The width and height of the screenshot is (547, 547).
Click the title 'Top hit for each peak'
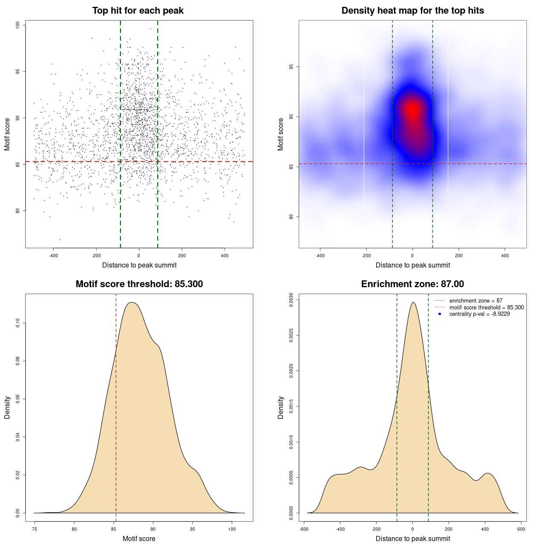(138, 11)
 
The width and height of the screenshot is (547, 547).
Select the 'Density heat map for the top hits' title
(412, 11)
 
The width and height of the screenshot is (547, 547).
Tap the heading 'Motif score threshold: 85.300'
(139, 284)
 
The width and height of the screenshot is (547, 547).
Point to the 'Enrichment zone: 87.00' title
(412, 284)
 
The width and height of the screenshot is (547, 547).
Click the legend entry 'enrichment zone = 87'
(476, 301)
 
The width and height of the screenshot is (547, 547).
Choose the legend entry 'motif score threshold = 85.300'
(486, 307)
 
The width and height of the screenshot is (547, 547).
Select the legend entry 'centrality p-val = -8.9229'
(479, 314)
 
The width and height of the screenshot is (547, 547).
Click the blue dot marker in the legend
(440, 314)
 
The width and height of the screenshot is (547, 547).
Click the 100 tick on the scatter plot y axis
(18, 25)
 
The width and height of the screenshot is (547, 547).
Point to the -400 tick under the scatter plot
(53, 256)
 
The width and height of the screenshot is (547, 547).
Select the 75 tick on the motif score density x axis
(35, 529)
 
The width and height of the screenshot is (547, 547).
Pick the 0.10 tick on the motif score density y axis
(18, 323)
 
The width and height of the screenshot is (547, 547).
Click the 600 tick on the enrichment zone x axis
(521, 529)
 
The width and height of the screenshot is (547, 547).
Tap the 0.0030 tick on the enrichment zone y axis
(291, 300)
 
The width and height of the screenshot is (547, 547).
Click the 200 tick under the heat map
(459, 256)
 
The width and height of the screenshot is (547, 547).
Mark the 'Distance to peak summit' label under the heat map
(412, 265)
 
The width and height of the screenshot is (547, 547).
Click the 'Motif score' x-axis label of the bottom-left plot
(139, 538)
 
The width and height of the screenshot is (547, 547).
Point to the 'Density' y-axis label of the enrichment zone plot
(281, 407)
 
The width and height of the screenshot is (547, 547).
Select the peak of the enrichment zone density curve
(413, 303)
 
